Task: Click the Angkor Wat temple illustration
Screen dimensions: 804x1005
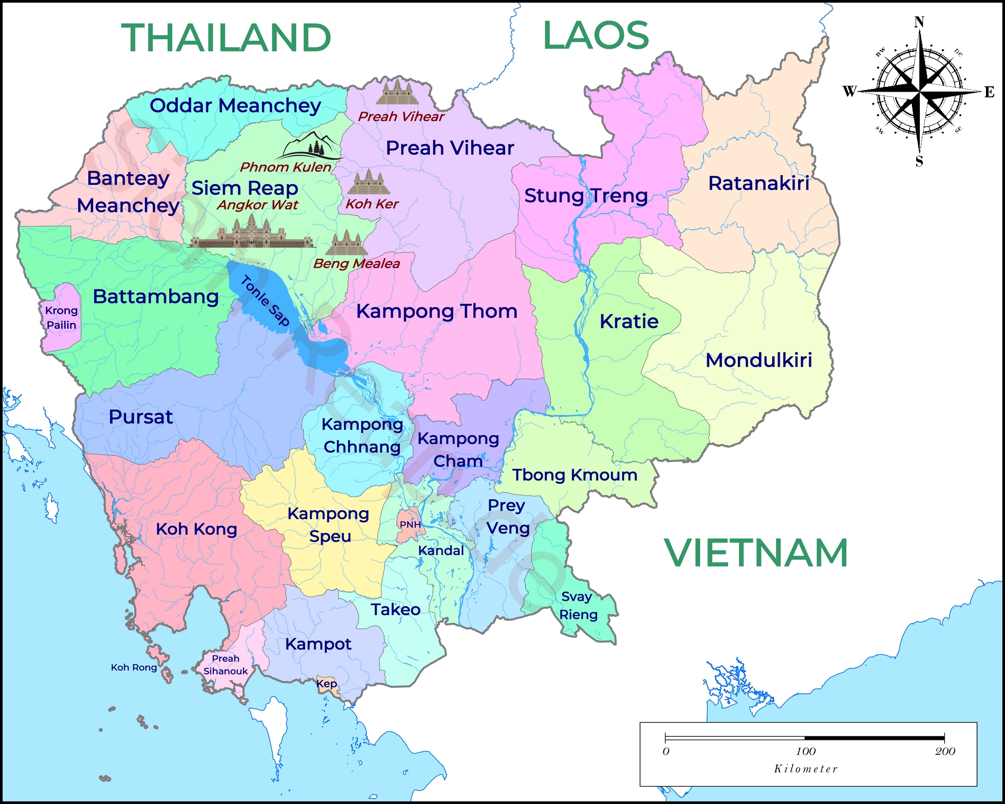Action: (x=251, y=233)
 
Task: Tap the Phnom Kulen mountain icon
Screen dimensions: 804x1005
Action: (x=310, y=146)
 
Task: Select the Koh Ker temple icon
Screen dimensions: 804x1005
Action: (x=369, y=183)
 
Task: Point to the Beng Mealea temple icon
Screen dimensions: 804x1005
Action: (x=346, y=243)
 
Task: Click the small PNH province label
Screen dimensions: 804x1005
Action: (x=410, y=525)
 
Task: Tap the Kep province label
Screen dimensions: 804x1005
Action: (x=326, y=683)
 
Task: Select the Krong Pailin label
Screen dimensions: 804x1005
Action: (x=61, y=318)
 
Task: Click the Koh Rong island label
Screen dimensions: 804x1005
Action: (x=134, y=667)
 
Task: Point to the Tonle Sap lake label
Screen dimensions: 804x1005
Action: (x=265, y=301)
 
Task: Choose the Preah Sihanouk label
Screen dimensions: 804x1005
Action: (x=226, y=665)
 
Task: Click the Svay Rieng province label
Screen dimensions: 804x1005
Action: (x=578, y=606)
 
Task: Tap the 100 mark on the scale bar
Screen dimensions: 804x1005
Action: (x=806, y=751)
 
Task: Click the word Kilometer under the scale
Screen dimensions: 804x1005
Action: (x=806, y=769)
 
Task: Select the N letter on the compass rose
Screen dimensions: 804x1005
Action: (x=919, y=22)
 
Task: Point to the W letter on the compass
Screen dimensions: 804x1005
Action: (x=849, y=91)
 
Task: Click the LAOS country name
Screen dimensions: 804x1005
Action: (x=596, y=35)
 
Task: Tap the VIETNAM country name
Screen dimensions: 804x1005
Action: (x=756, y=553)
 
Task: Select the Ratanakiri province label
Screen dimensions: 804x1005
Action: (x=759, y=183)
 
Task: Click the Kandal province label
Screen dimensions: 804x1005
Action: (x=441, y=550)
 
